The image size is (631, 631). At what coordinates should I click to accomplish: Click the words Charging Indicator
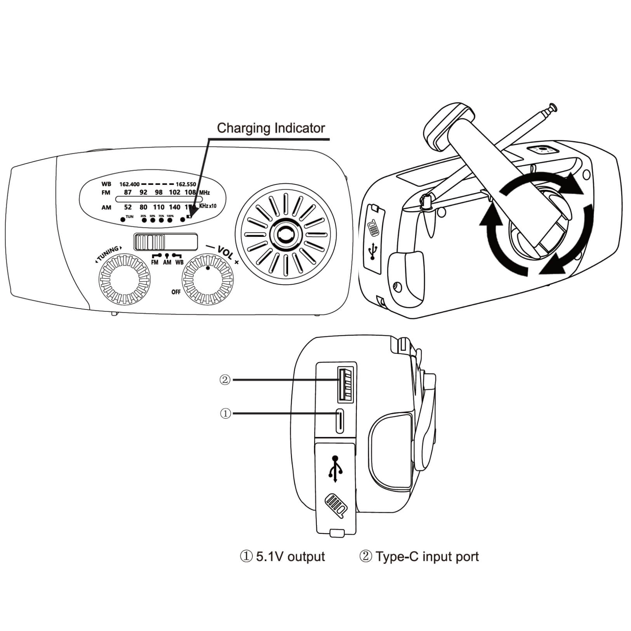tap(271, 128)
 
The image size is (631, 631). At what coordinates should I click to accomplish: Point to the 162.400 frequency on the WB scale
tap(129, 184)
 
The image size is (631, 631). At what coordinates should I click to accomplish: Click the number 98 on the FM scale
tap(158, 193)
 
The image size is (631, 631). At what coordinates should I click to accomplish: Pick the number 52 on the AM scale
tap(128, 207)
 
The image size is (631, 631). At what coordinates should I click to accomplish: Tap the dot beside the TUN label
tap(123, 219)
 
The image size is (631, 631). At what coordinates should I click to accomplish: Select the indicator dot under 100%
tap(170, 220)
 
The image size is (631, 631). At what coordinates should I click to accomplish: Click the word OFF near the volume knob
tap(176, 292)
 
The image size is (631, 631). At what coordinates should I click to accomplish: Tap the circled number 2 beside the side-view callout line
tap(225, 380)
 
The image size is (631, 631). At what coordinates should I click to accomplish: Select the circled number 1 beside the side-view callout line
tap(225, 414)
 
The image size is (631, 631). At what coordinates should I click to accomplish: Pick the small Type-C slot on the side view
tap(340, 420)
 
